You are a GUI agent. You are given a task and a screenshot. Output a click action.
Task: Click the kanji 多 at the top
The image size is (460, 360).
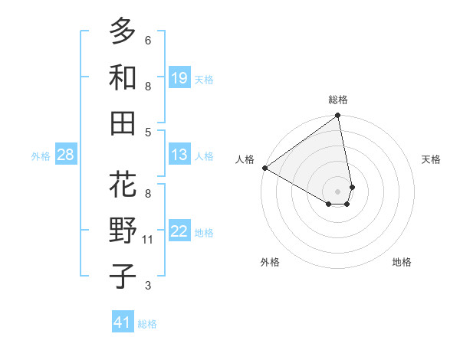click(123, 31)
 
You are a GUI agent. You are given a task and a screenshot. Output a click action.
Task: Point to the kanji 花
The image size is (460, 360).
click(123, 185)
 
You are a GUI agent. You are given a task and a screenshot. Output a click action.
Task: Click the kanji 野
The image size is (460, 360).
click(123, 231)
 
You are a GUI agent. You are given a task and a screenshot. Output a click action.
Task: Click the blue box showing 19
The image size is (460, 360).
click(179, 77)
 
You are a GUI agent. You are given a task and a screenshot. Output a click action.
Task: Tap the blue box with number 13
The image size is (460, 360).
click(179, 155)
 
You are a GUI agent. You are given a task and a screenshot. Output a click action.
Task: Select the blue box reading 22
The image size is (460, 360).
click(179, 231)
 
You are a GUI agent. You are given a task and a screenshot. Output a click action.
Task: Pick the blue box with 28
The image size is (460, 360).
click(66, 155)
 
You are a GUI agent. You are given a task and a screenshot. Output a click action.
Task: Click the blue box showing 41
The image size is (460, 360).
click(123, 322)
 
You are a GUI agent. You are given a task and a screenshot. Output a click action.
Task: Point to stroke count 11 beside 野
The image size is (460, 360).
click(149, 240)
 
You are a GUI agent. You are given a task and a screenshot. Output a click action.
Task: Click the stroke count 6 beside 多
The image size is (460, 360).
click(148, 41)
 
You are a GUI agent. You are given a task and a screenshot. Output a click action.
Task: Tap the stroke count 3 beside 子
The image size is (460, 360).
click(148, 286)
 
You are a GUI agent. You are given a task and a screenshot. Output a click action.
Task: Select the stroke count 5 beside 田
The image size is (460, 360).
click(148, 132)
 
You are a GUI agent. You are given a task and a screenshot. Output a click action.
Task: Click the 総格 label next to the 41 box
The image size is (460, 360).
click(147, 324)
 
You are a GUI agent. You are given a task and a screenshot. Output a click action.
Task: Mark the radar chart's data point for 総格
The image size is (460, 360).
click(337, 116)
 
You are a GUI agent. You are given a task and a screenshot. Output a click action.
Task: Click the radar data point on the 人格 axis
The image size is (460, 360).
click(264, 168)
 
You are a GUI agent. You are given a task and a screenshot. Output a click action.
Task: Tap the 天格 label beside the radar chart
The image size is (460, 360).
click(431, 159)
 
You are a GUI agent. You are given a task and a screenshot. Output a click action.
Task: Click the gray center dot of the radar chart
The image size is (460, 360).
click(337, 191)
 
